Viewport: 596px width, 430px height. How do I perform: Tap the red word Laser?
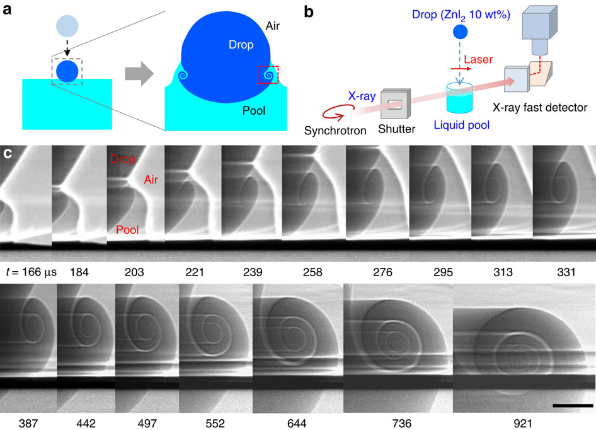[x=477, y=59]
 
